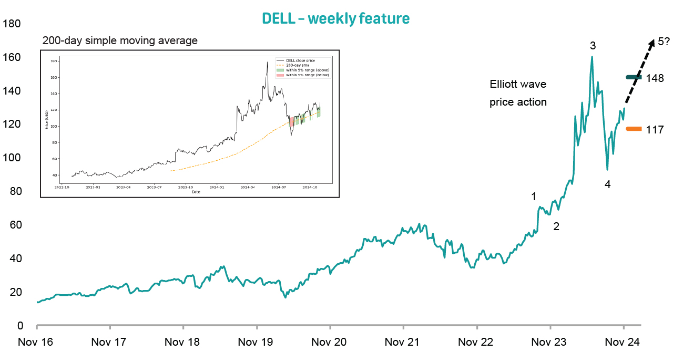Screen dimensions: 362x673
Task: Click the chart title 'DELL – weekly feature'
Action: (x=336, y=18)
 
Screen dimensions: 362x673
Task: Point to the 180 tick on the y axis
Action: (x=12, y=24)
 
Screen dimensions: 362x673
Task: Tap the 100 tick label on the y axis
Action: (x=12, y=158)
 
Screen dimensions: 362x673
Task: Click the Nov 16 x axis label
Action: (x=36, y=343)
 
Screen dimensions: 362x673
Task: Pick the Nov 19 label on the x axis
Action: (x=256, y=343)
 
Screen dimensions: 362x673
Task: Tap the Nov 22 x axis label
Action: (x=476, y=343)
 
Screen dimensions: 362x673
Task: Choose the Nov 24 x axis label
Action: (x=623, y=343)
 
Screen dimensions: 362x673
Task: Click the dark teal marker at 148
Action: (x=634, y=77)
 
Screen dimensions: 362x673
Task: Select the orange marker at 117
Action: (x=634, y=129)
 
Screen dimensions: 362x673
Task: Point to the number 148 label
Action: (x=655, y=78)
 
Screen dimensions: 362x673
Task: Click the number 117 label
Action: (x=655, y=129)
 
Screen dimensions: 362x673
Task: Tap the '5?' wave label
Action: (x=663, y=41)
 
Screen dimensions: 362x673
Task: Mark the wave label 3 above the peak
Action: (x=593, y=46)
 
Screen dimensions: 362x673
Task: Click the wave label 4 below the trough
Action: (x=607, y=184)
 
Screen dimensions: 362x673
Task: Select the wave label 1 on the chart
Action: (x=534, y=196)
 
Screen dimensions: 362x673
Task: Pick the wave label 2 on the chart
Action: (x=556, y=227)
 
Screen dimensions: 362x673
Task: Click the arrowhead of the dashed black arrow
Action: (x=651, y=43)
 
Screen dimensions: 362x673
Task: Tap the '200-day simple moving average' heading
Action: (x=120, y=40)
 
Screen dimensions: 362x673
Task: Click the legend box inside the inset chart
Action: (x=303, y=67)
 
